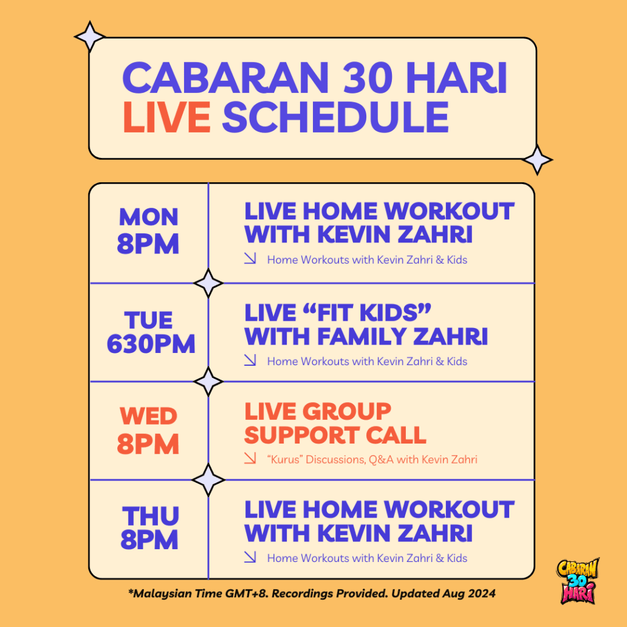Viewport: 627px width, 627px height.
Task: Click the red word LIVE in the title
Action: [x=166, y=117]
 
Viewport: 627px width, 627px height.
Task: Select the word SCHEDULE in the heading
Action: [x=335, y=117]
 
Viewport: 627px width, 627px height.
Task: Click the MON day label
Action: [x=148, y=217]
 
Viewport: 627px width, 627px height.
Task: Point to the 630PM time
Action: [x=151, y=344]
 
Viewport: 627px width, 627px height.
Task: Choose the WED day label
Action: [x=148, y=416]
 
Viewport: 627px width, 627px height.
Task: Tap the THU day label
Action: [x=150, y=516]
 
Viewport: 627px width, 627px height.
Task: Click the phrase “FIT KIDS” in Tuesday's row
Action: [x=338, y=312]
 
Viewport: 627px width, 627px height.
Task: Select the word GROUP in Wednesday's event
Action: [x=347, y=411]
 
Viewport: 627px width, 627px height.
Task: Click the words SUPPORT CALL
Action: [x=335, y=435]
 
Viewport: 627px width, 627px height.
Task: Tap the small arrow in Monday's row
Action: [x=250, y=258]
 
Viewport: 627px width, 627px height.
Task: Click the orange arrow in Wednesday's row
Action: [x=250, y=458]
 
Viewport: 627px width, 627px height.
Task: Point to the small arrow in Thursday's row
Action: [x=250, y=557]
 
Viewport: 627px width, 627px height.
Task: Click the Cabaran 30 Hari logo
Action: [x=578, y=581]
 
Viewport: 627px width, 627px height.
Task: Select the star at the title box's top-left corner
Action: [x=89, y=36]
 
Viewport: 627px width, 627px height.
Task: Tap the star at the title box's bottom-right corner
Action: [x=538, y=160]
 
